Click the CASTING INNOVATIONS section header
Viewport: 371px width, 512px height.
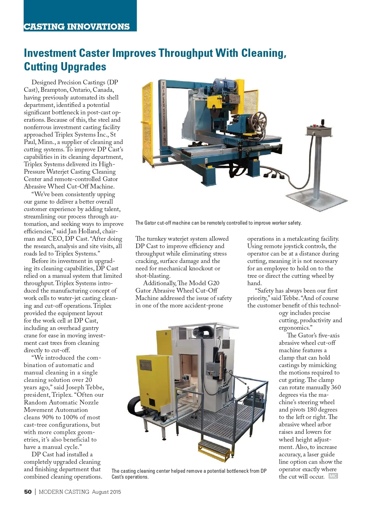coord(77,27)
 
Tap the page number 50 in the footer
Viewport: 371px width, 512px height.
coord(28,492)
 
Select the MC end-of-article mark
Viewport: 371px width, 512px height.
coord(333,476)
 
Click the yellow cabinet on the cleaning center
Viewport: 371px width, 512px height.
coord(153,382)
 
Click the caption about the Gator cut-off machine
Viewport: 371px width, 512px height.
coord(218,223)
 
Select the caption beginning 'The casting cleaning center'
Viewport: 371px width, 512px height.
coord(189,474)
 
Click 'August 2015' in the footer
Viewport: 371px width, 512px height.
coord(106,492)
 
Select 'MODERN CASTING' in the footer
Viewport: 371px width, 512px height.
coord(64,492)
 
